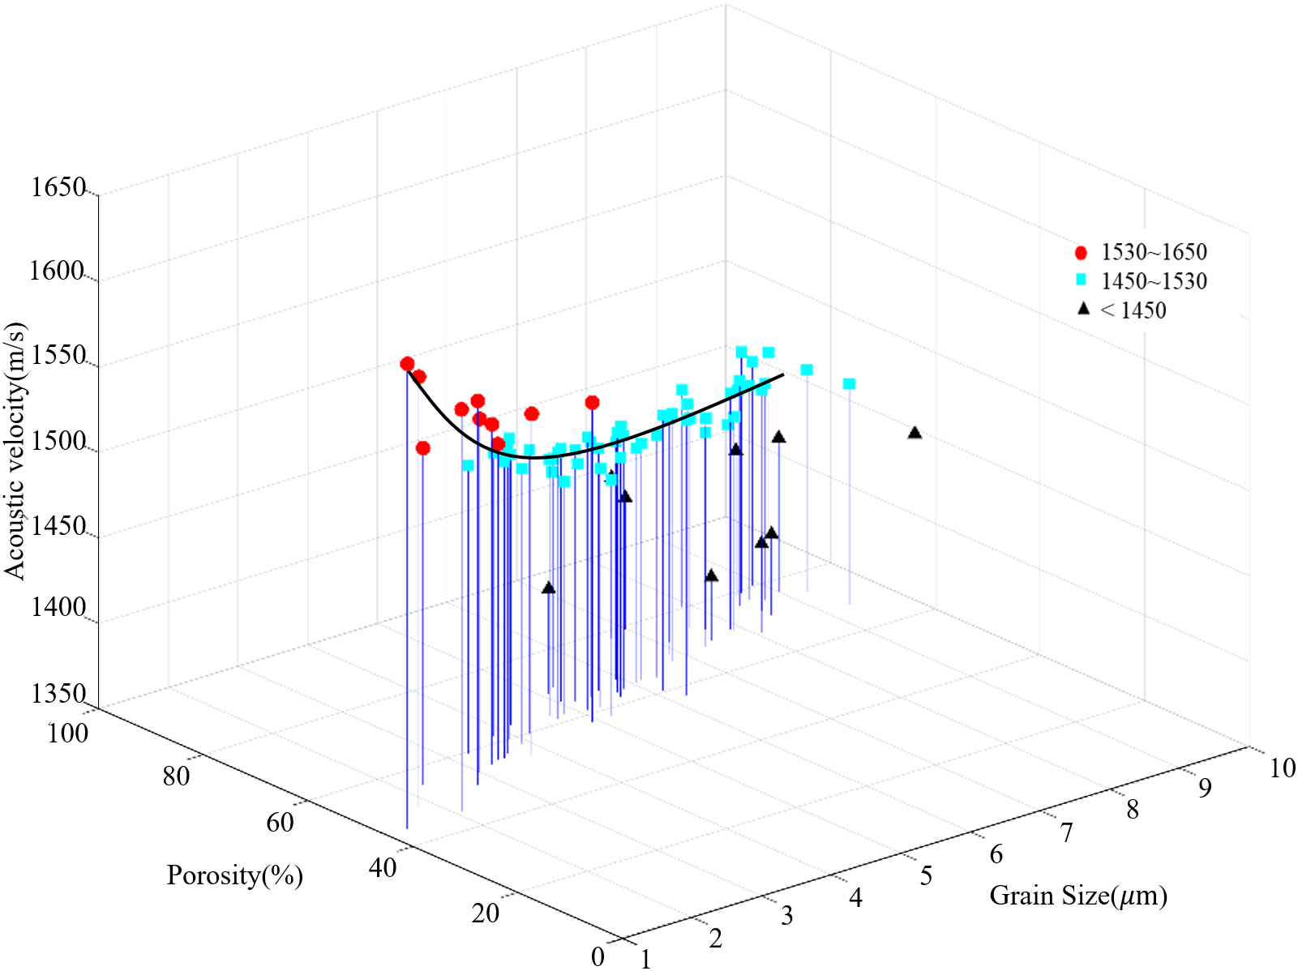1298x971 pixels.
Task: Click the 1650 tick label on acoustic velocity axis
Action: pos(58,188)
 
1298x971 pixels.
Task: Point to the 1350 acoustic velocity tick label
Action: pos(58,694)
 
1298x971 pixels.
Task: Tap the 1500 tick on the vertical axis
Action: pos(58,442)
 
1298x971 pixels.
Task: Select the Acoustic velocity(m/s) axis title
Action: pos(15,451)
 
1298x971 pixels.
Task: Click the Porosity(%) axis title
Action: pos(235,875)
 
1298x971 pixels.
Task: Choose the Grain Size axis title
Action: pos(1078,896)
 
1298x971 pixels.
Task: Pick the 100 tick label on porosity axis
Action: pos(68,734)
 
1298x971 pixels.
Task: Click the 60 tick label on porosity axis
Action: pos(280,823)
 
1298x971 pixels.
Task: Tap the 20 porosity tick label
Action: pos(486,913)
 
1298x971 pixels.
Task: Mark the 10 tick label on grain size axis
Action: pos(1282,768)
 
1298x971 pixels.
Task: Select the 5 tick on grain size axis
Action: pos(926,876)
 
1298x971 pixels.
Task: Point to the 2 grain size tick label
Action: pos(715,939)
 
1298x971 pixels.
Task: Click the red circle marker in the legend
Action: pos(1081,253)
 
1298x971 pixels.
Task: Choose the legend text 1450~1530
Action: pos(1154,281)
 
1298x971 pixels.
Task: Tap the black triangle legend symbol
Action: pos(1083,309)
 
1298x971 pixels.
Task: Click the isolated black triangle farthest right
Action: pos(915,433)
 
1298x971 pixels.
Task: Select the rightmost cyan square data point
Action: pos(849,383)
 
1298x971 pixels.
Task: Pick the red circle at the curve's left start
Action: pos(407,364)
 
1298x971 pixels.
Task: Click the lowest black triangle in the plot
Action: pos(549,588)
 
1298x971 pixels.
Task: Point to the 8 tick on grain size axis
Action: pos(1133,810)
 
